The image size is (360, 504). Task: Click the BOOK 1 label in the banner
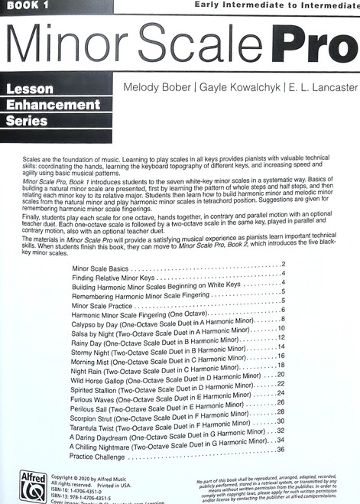[x=26, y=5]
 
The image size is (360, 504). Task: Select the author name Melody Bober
[x=154, y=89]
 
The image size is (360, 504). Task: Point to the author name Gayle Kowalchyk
[x=238, y=89]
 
